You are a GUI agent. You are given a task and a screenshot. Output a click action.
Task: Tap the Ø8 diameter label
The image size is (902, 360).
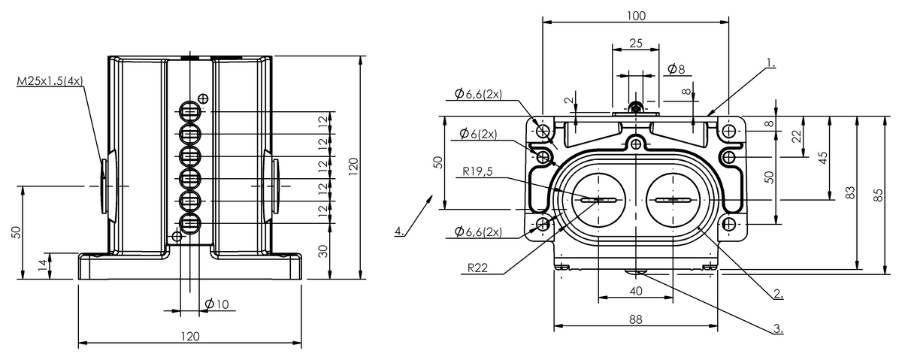(676, 70)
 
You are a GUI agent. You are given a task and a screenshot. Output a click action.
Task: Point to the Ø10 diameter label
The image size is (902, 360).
(216, 304)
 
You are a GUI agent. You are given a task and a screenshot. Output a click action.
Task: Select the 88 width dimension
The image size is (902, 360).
(636, 319)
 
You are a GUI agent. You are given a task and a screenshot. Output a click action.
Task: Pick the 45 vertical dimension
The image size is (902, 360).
(823, 157)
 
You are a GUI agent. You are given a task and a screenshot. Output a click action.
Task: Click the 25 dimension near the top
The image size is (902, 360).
(635, 43)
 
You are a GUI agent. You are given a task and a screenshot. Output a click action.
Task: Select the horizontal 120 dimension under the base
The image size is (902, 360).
(191, 336)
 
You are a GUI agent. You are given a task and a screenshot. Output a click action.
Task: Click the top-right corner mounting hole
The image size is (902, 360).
(728, 131)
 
